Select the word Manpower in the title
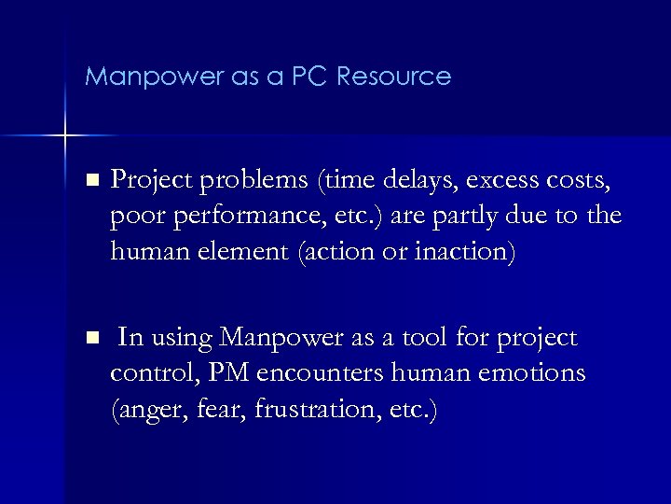[x=142, y=77]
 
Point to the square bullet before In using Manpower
[x=89, y=337]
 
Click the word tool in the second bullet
[x=434, y=338]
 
